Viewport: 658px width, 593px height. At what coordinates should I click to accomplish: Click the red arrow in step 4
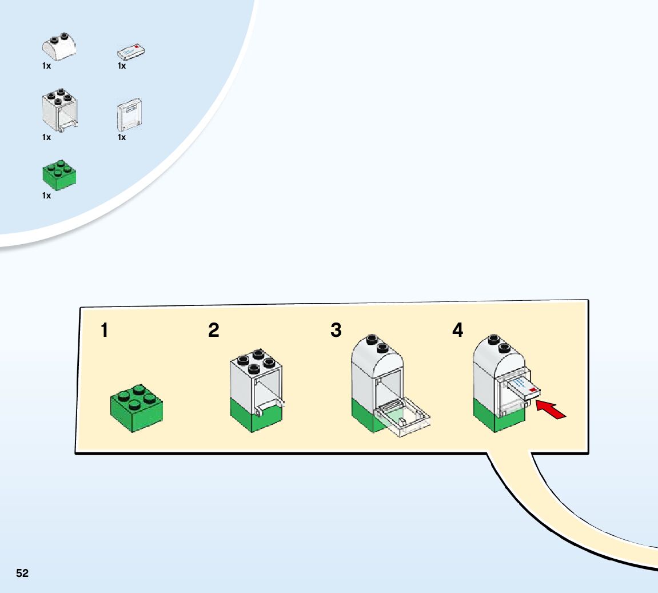[x=551, y=410]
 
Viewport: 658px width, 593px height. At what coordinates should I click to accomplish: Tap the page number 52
[x=22, y=573]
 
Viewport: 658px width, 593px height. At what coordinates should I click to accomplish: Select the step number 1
[x=104, y=330]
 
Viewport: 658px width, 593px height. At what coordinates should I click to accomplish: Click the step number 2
[x=213, y=330]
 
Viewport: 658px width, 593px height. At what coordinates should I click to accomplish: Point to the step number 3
[x=336, y=330]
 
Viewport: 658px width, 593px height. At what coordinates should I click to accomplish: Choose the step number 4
[x=457, y=330]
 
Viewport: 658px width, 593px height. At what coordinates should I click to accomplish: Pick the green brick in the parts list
[x=59, y=174]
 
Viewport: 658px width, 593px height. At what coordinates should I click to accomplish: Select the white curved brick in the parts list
[x=59, y=49]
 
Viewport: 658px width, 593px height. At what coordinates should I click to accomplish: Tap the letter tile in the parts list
[x=131, y=52]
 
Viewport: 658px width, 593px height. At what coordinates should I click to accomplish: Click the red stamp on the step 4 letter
[x=533, y=389]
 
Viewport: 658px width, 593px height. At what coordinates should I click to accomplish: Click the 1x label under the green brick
[x=46, y=196]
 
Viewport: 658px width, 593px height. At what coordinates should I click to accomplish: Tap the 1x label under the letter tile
[x=122, y=66]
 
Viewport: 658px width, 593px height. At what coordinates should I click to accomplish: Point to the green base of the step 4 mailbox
[x=493, y=415]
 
